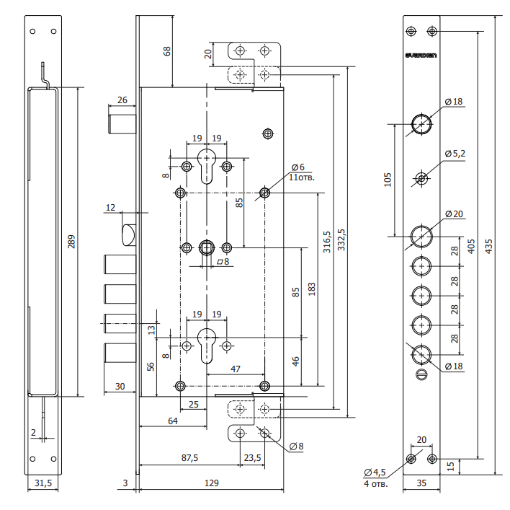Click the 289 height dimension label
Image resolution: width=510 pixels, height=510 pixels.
[71, 243]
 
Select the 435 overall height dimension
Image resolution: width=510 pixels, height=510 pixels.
[490, 245]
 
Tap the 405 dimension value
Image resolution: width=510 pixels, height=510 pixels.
[470, 245]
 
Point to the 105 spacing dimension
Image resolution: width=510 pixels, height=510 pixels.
[387, 179]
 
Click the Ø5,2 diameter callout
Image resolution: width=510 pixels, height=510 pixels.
[455, 154]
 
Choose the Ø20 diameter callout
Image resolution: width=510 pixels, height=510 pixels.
[454, 214]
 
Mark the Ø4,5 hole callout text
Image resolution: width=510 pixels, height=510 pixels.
[375, 472]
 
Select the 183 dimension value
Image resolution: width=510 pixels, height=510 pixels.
[310, 287]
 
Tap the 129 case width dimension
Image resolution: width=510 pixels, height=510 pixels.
[212, 483]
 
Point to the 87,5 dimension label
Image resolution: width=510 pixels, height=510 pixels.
[189, 457]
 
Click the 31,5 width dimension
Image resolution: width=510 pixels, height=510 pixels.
[42, 483]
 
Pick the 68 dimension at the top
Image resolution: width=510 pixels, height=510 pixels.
[167, 53]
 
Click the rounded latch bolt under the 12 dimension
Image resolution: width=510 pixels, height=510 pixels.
[129, 234]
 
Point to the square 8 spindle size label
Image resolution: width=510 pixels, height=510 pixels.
[223, 262]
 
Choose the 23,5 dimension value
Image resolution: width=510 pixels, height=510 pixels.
[252, 457]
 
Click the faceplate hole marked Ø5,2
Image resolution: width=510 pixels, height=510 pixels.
[421, 177]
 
